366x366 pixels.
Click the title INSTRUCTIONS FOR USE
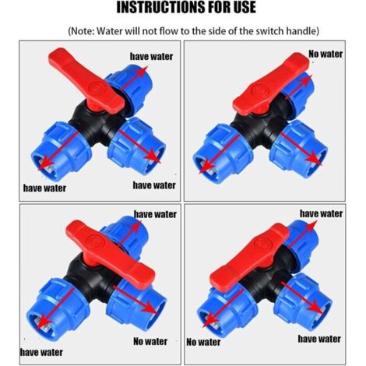pyautogui.click(x=186, y=7)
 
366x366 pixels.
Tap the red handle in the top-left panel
pyautogui.click(x=86, y=80)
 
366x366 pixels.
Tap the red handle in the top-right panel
pyautogui.click(x=271, y=85)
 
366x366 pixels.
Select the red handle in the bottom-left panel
pyautogui.click(x=111, y=255)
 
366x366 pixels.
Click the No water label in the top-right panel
pyautogui.click(x=326, y=54)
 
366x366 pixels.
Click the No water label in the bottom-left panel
pyautogui.click(x=150, y=341)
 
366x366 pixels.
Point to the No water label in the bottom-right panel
pyautogui.click(x=203, y=342)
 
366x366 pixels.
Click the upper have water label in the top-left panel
pyautogui.click(x=151, y=56)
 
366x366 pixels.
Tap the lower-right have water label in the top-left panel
pyautogui.click(x=154, y=185)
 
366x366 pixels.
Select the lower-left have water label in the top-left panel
pyautogui.click(x=44, y=188)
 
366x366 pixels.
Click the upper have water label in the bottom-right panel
pyautogui.click(x=321, y=213)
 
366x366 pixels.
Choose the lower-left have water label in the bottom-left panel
pyautogui.click(x=41, y=352)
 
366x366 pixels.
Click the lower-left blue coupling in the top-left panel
pyautogui.click(x=61, y=151)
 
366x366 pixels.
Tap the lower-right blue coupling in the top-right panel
pyautogui.click(x=298, y=149)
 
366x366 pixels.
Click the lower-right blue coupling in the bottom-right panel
pyautogui.click(x=304, y=301)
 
